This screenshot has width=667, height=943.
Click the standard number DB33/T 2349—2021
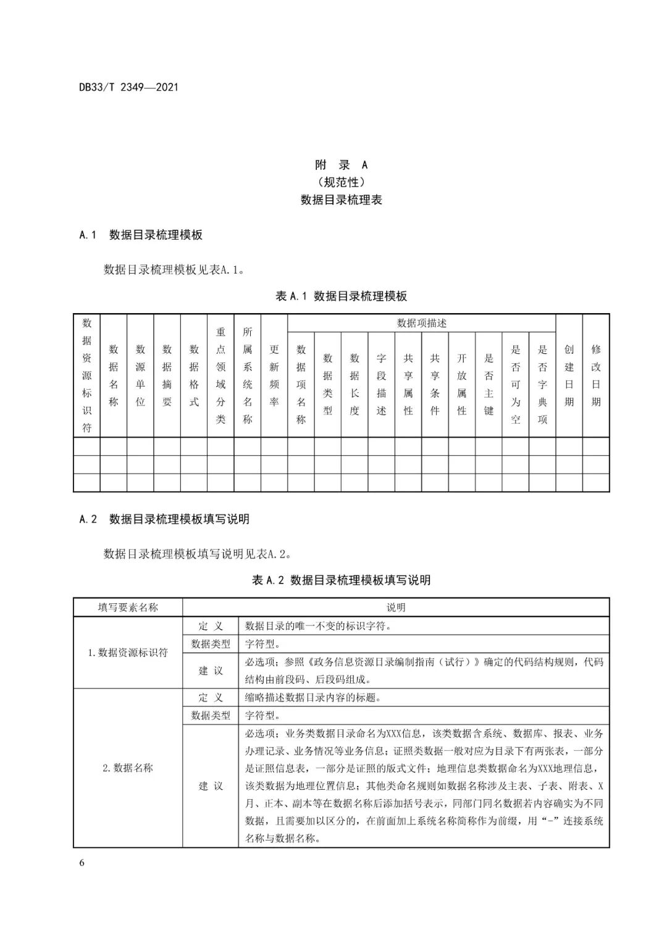pyautogui.click(x=128, y=87)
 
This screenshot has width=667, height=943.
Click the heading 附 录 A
pyautogui.click(x=341, y=165)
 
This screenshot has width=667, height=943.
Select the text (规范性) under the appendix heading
pyautogui.click(x=341, y=182)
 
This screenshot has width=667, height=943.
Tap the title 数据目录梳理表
pyautogui.click(x=341, y=200)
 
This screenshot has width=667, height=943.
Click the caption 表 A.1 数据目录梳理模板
pyautogui.click(x=341, y=296)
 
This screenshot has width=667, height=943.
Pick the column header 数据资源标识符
pyautogui.click(x=86, y=375)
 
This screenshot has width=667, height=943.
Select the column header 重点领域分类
pyautogui.click(x=220, y=375)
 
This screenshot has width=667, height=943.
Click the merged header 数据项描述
pyautogui.click(x=421, y=323)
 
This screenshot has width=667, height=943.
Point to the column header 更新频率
pyautogui.click(x=274, y=375)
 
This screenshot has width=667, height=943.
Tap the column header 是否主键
pyautogui.click(x=489, y=383)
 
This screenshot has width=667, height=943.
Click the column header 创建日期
pyautogui.click(x=569, y=375)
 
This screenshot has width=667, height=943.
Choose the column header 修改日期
pyautogui.click(x=596, y=375)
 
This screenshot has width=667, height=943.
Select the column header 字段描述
pyautogui.click(x=381, y=383)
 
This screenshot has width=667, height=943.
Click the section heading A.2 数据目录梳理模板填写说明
pyautogui.click(x=164, y=519)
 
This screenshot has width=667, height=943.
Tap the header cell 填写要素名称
pyautogui.click(x=128, y=608)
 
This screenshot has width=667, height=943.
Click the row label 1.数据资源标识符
pyautogui.click(x=128, y=653)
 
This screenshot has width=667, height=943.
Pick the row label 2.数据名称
pyautogui.click(x=128, y=768)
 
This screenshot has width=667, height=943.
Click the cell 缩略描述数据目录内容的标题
pyautogui.click(x=313, y=698)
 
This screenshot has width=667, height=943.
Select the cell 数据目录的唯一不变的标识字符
pyautogui.click(x=318, y=626)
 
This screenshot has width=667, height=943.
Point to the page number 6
pyautogui.click(x=82, y=863)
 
